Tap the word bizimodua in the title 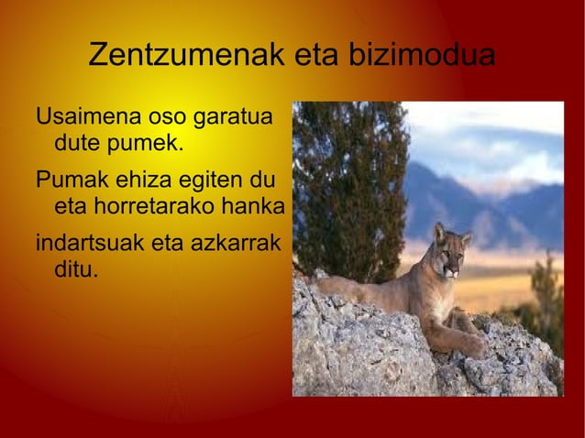pyautogui.click(x=421, y=55)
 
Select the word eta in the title pyautogui.click(x=315, y=55)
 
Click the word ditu pyautogui.click(x=74, y=270)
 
